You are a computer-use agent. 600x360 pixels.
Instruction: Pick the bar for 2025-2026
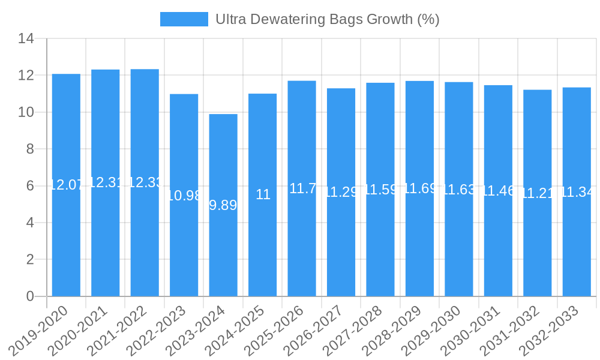click(x=302, y=240)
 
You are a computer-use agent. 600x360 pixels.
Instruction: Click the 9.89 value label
click(x=223, y=205)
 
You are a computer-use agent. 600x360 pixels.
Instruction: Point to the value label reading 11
click(x=263, y=194)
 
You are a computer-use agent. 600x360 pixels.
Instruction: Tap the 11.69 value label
click(x=420, y=188)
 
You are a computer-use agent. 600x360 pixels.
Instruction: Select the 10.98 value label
click(x=185, y=196)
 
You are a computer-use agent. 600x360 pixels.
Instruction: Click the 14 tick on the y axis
click(x=26, y=39)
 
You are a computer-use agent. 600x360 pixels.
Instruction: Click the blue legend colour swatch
click(x=184, y=19)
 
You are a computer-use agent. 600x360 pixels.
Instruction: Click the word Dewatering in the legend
click(x=283, y=19)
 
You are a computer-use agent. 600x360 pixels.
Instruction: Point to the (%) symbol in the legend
click(x=428, y=19)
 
